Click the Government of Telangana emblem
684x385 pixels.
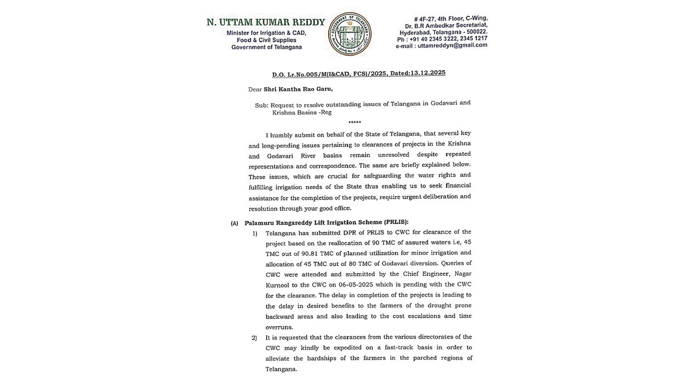pyautogui.click(x=349, y=34)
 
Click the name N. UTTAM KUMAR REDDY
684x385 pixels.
pyautogui.click(x=266, y=22)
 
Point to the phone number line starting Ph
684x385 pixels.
pyautogui.click(x=442, y=38)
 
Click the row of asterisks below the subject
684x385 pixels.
pyautogui.click(x=354, y=122)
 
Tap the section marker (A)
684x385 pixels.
pyautogui.click(x=235, y=223)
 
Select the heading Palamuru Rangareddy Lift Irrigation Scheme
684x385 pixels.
pyautogui.click(x=326, y=222)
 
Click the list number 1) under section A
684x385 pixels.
pyautogui.click(x=255, y=233)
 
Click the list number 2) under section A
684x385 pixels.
pyautogui.click(x=254, y=338)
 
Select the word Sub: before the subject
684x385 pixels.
pyautogui.click(x=261, y=106)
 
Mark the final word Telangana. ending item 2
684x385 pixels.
pyautogui.click(x=281, y=369)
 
